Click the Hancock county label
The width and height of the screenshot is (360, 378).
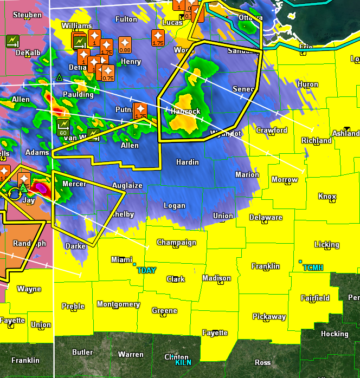click(185, 111)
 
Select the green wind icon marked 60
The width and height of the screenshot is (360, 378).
click(63, 128)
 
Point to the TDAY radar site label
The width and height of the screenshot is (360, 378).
click(146, 270)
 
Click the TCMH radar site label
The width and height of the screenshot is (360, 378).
click(313, 268)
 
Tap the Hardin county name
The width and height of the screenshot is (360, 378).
click(188, 162)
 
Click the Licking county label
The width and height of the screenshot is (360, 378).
click(327, 244)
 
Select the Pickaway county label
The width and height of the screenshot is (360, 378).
click(269, 316)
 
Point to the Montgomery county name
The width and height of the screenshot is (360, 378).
click(118, 304)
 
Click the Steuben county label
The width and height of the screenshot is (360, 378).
click(27, 15)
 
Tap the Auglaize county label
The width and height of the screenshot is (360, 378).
click(127, 185)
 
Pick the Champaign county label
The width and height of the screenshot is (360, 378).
click(176, 242)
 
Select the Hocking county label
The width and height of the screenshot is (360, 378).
click(335, 334)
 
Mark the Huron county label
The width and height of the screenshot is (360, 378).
click(308, 84)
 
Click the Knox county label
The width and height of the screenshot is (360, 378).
click(327, 196)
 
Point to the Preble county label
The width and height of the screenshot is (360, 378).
click(73, 306)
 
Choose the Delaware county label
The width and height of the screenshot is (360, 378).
click(266, 217)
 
